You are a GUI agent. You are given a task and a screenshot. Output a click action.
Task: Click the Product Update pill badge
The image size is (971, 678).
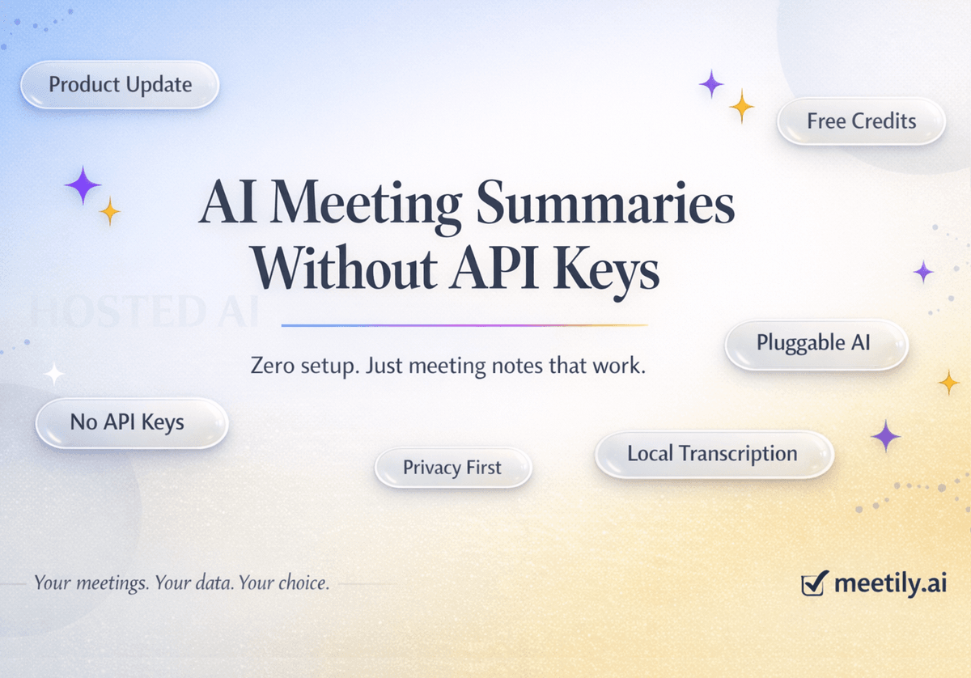click(120, 84)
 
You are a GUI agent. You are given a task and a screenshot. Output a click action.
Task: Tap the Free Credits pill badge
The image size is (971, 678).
click(861, 121)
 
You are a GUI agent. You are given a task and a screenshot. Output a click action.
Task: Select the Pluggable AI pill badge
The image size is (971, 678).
click(816, 343)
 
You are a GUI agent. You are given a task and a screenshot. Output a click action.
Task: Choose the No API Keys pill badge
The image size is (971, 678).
click(131, 422)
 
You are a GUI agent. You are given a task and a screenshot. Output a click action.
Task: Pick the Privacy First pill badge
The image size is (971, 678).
click(452, 467)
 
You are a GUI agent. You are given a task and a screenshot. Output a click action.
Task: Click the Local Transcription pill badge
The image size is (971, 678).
click(713, 453)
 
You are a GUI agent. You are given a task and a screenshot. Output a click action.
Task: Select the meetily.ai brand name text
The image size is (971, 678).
click(890, 583)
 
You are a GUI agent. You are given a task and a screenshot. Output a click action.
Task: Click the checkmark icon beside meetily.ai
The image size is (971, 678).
click(813, 583)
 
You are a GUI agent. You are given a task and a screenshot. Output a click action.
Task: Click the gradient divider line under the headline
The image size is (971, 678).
click(464, 325)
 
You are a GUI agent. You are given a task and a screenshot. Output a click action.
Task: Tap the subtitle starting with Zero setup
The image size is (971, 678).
click(447, 366)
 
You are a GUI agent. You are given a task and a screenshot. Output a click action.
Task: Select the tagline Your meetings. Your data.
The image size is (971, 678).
click(181, 583)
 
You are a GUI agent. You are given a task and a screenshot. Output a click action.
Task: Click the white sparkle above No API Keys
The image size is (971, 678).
click(54, 374)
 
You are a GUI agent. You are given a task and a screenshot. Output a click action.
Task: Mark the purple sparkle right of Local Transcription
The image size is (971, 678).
click(885, 436)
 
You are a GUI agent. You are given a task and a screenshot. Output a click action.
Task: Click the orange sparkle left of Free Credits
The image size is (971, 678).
click(741, 106)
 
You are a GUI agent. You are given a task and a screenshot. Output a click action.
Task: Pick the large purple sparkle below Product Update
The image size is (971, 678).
click(83, 185)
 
